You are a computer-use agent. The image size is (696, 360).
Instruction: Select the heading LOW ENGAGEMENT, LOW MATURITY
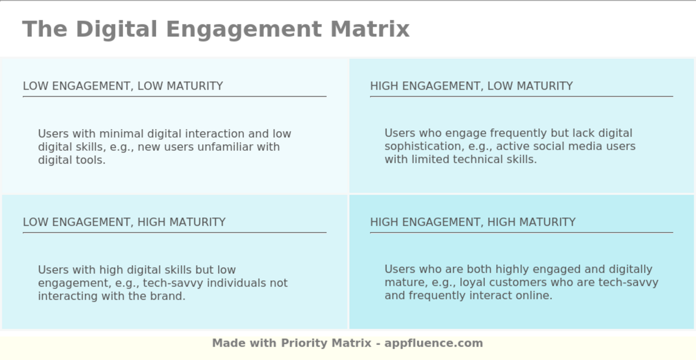(x=123, y=86)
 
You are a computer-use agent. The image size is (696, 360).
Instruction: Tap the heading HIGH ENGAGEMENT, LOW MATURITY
(x=471, y=86)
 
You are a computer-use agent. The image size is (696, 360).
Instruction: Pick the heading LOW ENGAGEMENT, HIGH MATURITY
(x=124, y=222)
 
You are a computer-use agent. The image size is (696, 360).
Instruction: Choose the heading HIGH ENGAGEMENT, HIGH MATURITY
(x=473, y=222)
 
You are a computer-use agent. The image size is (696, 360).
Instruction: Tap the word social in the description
(x=542, y=146)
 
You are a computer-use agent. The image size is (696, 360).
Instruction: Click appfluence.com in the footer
(x=434, y=343)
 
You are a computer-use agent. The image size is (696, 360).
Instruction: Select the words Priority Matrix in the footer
(x=326, y=343)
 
